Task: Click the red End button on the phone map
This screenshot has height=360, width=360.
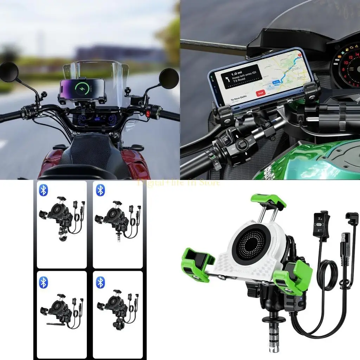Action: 261,94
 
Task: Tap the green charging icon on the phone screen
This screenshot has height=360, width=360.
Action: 82,87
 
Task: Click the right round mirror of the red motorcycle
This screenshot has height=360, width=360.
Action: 169,78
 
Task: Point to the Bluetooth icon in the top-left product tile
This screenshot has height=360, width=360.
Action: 43,190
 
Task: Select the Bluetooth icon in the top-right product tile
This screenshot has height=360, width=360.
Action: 101,190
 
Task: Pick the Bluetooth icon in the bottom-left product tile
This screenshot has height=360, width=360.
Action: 43,282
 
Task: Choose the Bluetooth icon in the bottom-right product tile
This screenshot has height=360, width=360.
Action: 101,282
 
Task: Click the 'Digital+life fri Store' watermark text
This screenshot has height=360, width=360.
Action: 179,182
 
